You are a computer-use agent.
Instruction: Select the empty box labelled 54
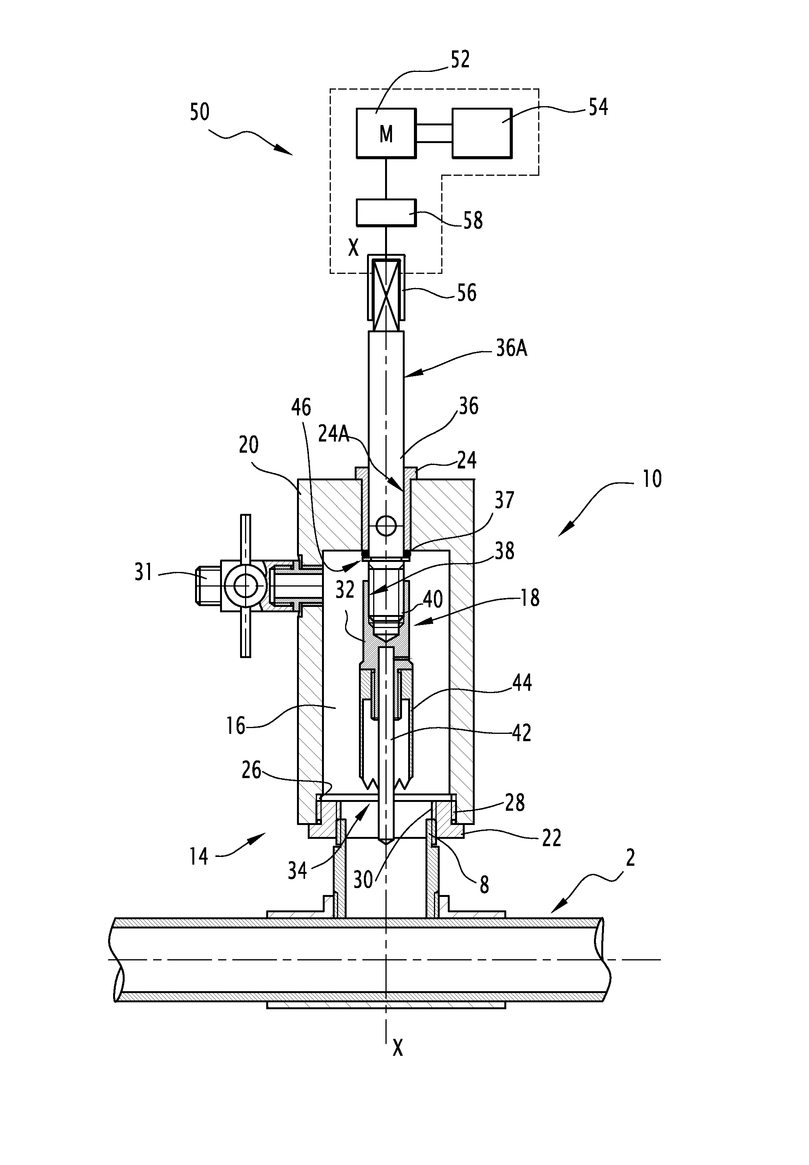pyautogui.click(x=482, y=133)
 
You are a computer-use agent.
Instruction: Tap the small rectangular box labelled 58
pyautogui.click(x=386, y=212)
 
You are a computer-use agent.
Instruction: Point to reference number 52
pyautogui.click(x=460, y=59)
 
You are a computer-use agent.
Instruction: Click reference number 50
pyautogui.click(x=200, y=112)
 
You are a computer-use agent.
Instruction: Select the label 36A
pyautogui.click(x=512, y=348)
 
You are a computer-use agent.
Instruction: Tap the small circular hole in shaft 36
pyautogui.click(x=386, y=526)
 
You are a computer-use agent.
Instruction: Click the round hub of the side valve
pyautogui.click(x=245, y=586)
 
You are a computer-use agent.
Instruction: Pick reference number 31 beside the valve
pyautogui.click(x=143, y=572)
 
